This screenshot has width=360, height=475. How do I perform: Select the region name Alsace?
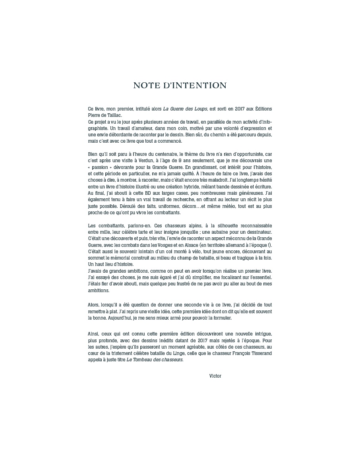(198, 245)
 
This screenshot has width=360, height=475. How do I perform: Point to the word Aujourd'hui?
(116, 318)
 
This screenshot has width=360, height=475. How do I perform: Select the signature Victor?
(215, 376)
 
